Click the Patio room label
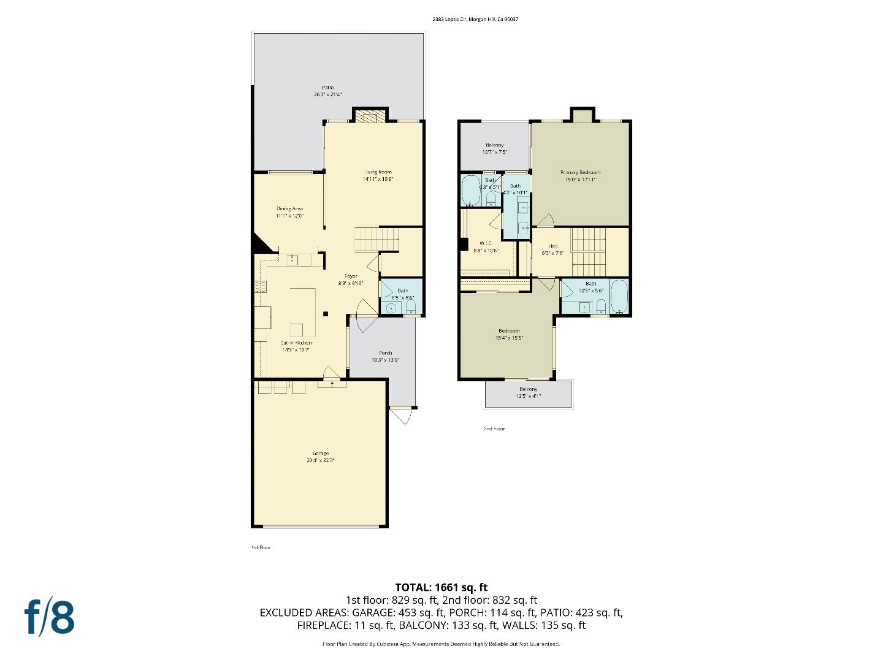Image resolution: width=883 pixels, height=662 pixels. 327,88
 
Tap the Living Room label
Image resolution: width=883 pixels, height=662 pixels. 378,172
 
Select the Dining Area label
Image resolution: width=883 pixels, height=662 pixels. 289,209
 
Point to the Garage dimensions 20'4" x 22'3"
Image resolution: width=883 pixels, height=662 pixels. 320,460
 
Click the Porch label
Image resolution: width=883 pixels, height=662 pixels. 385,353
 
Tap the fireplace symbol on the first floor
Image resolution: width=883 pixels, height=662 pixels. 370,116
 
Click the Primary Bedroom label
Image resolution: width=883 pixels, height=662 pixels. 580,173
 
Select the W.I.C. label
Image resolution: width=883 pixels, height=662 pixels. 486,243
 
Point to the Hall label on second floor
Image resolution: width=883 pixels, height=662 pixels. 553,246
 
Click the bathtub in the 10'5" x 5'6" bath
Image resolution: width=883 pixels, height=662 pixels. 619,297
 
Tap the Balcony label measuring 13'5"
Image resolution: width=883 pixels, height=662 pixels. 529,389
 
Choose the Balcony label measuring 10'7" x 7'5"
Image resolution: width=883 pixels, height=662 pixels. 494,145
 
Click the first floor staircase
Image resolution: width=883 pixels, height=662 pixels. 377,238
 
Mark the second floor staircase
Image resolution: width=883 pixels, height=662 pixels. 589,252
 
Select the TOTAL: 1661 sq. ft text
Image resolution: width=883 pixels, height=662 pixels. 442,587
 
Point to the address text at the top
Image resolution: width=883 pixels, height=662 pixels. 475,19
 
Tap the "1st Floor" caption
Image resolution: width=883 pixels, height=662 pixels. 261,547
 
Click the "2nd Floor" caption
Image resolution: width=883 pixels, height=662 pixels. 494,428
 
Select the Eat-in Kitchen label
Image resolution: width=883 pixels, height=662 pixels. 296,343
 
